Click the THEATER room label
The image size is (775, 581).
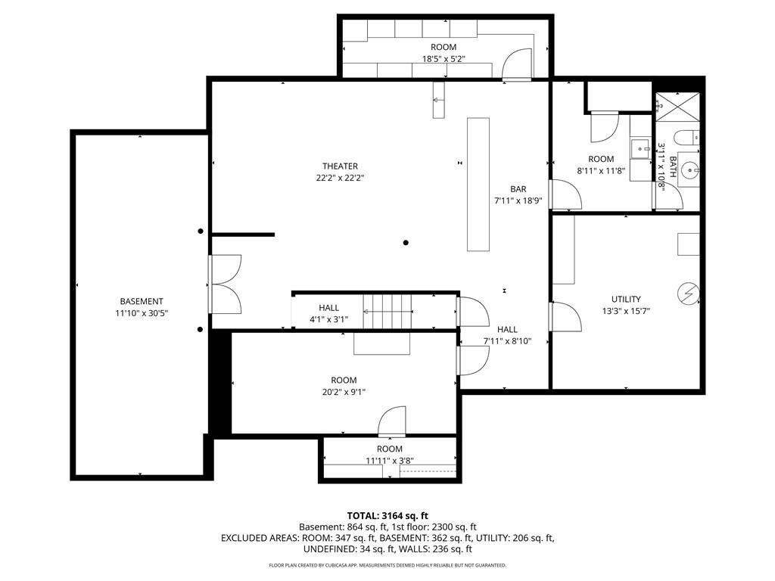[x=340, y=166]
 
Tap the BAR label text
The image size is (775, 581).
[x=518, y=189]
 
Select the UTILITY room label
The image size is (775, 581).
[x=626, y=300]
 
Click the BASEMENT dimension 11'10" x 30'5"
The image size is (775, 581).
[x=142, y=313]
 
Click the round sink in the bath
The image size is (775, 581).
[x=689, y=171]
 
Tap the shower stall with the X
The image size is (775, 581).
[x=677, y=106]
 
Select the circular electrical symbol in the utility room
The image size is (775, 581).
[x=688, y=294]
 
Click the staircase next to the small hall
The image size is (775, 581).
[x=387, y=311]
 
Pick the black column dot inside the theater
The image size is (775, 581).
[x=406, y=243]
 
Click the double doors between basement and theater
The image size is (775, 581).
[x=225, y=284]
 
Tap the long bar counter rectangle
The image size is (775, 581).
[x=478, y=185]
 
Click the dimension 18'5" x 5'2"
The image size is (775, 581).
[x=444, y=59]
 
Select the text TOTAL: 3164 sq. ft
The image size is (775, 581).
[x=387, y=516]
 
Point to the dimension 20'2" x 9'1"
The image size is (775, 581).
[x=344, y=393]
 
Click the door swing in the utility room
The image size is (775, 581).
[x=565, y=316]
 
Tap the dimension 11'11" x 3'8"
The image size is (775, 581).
[x=390, y=461]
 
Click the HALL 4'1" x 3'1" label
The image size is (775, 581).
[x=328, y=314]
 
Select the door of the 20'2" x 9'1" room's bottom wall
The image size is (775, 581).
[x=392, y=421]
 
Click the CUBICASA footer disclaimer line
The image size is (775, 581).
[x=387, y=565]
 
